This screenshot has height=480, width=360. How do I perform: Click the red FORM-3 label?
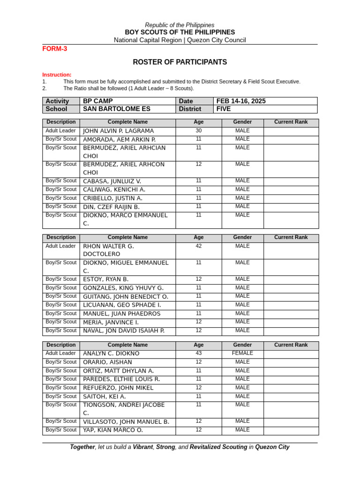coord(55,49)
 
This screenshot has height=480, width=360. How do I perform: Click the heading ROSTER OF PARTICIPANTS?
coord(180,62)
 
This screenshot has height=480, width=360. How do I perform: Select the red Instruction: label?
coord(57,75)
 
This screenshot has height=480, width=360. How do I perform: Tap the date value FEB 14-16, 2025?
coord(242,101)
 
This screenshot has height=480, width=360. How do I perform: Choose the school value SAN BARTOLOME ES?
coord(117,109)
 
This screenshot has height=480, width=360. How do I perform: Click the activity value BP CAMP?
coord(98,101)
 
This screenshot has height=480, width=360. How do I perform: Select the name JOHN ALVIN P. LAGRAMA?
coord(118,131)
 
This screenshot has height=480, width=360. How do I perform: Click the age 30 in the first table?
coord(199,131)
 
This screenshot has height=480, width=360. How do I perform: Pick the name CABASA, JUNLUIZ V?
coord(112,181)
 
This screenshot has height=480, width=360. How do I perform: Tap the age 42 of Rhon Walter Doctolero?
coord(199,246)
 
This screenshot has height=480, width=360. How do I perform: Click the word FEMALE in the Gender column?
coord(242,353)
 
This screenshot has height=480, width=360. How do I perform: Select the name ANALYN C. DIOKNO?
coord(111,353)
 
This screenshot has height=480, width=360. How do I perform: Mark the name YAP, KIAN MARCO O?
coord(113,430)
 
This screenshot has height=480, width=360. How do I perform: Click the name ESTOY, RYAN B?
coord(106,279)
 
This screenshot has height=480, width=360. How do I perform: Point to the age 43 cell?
coord(199,353)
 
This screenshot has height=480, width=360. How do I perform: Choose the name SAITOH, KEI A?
coord(105,397)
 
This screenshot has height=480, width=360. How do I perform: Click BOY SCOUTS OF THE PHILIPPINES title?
coord(180,32)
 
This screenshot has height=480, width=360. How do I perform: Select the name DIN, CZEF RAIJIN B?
coord(111,207)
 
